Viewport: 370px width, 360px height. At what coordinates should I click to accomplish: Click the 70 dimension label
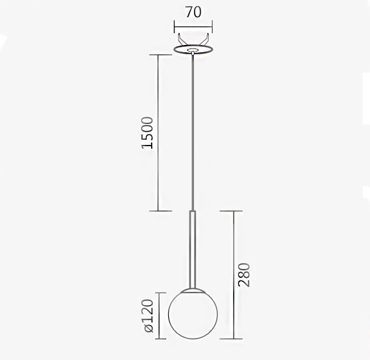193,12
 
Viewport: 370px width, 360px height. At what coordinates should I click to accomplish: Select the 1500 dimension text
148,132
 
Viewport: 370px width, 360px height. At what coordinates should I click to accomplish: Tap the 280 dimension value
244,275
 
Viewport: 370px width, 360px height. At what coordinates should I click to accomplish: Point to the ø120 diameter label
148,316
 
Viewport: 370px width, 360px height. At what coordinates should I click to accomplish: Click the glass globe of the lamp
193,314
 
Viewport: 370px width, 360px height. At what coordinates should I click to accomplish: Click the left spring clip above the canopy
181,40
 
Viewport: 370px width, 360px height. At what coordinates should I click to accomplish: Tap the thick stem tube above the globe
193,249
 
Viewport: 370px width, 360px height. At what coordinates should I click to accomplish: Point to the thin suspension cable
193,132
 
